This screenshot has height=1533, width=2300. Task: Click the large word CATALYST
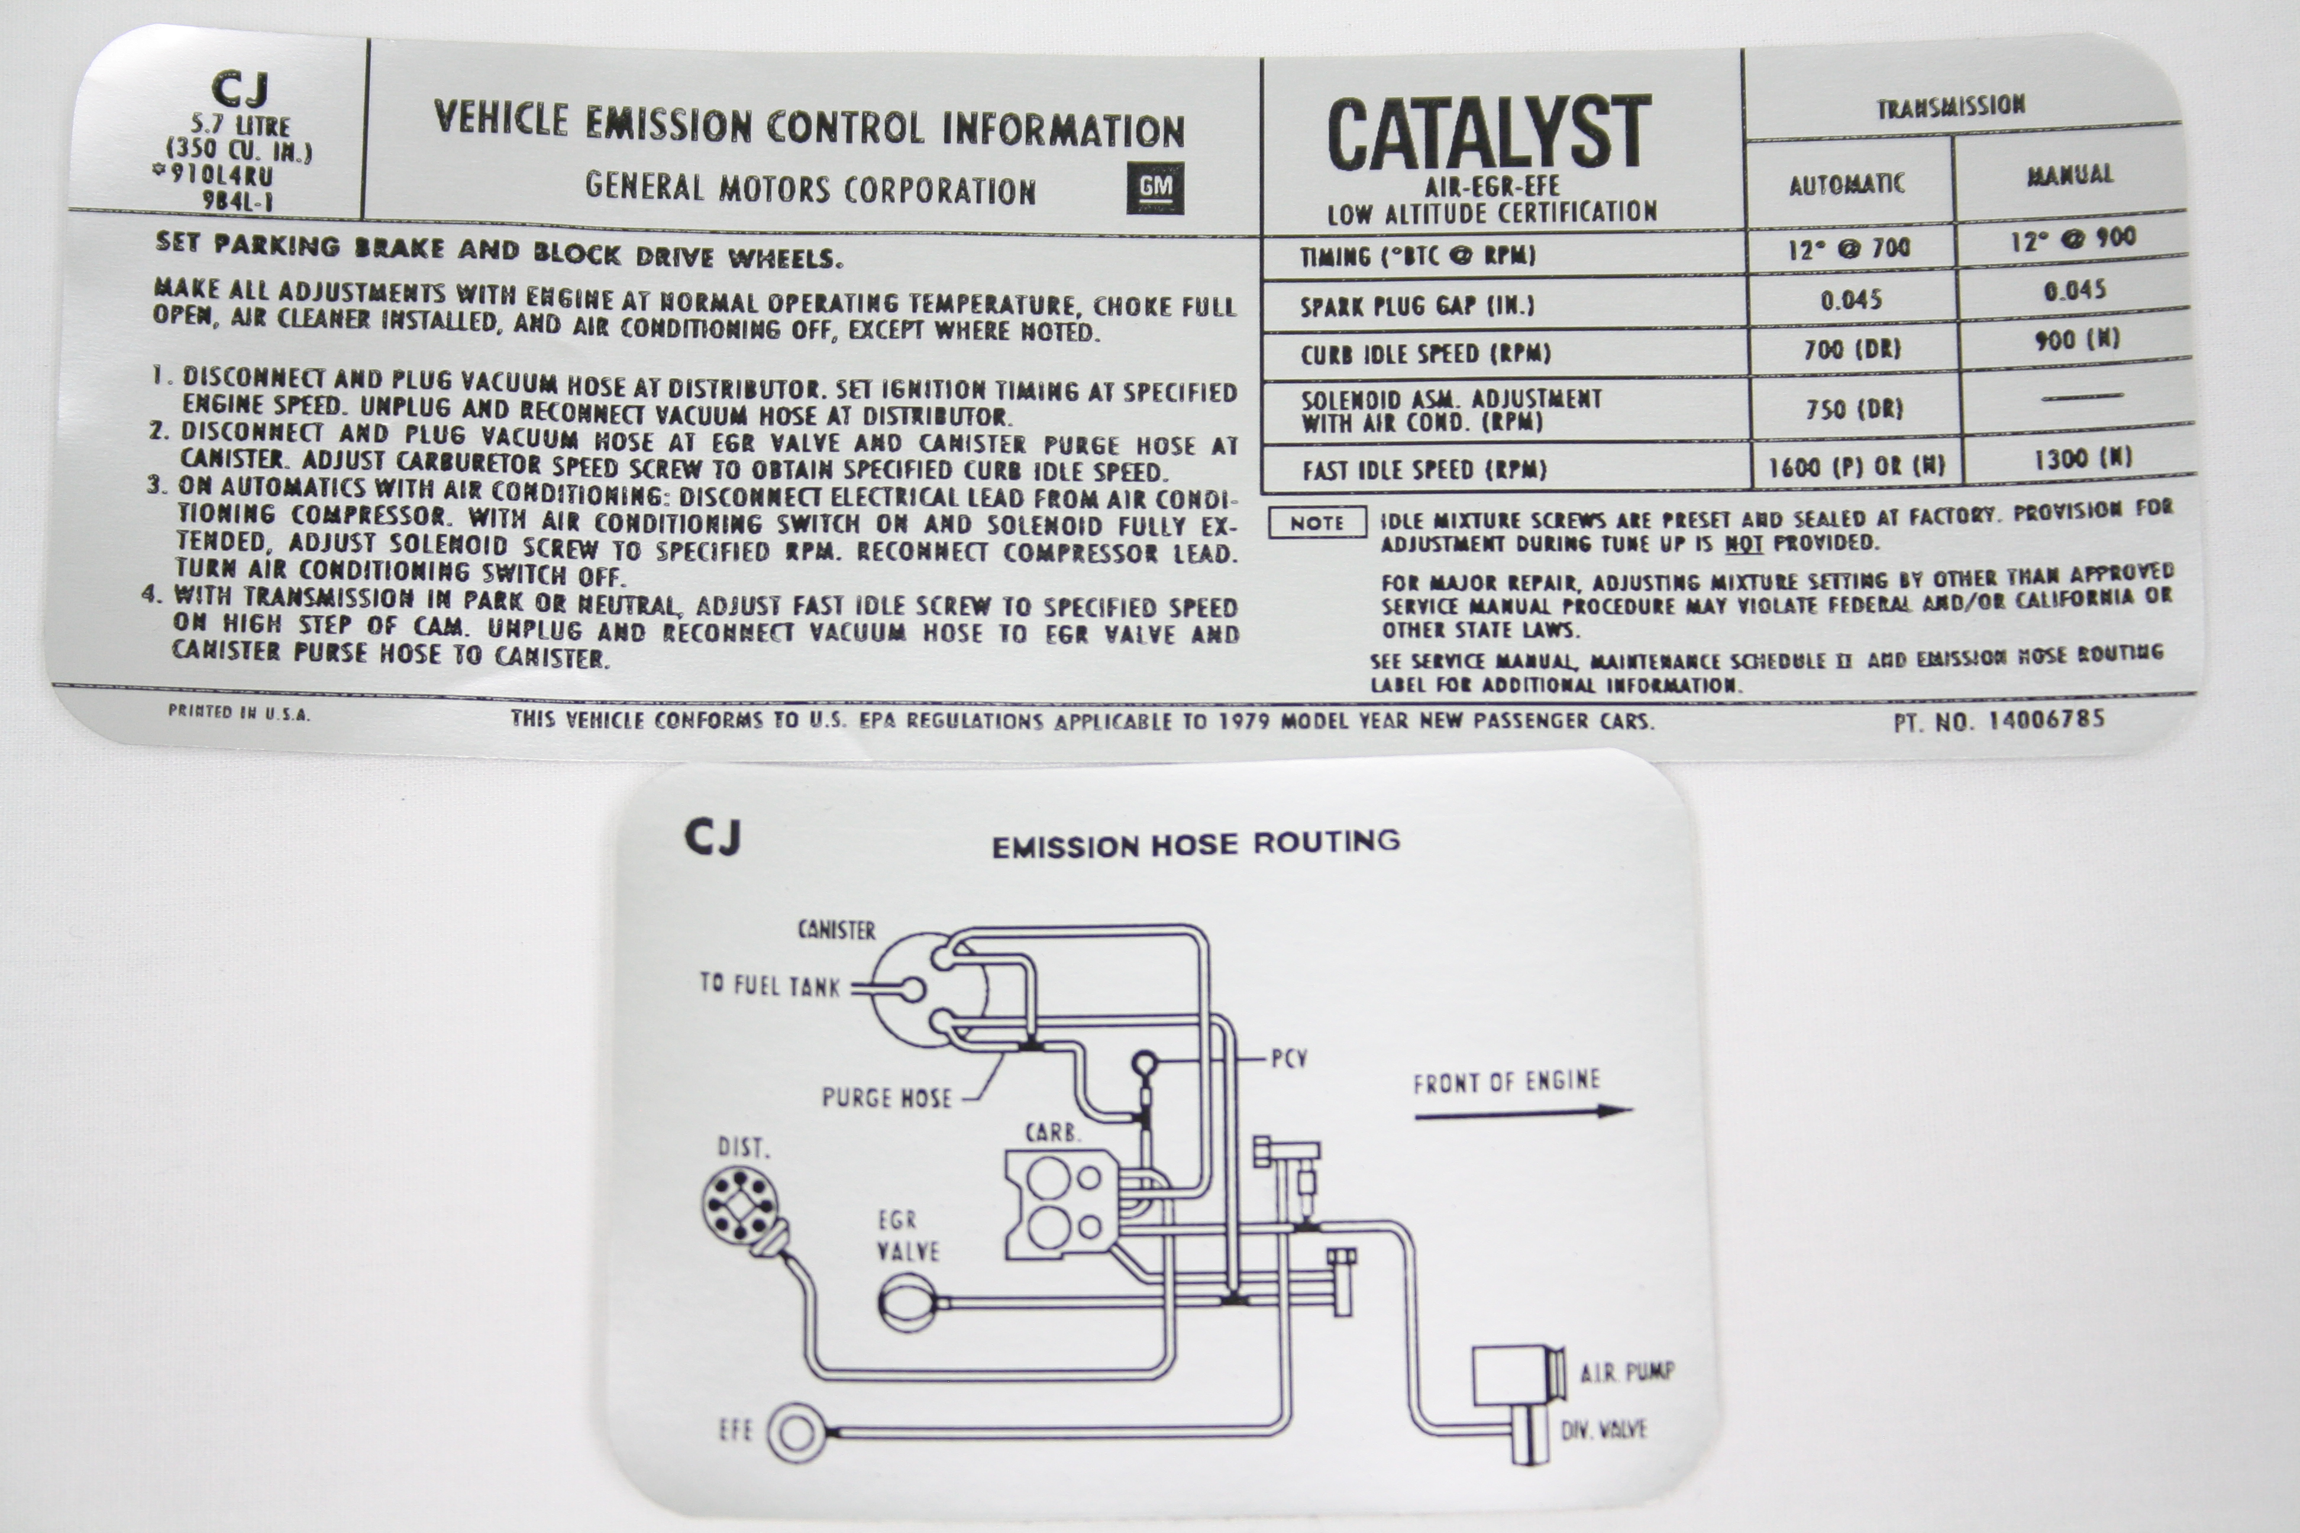coord(1488,134)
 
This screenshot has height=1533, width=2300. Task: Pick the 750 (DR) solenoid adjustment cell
coord(1854,409)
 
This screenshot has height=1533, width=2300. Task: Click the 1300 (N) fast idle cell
coord(2083,458)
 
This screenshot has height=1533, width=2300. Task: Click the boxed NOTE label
coord(1317,523)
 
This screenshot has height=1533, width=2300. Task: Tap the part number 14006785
coord(2047,720)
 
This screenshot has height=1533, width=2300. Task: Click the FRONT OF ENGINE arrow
coord(1523,1112)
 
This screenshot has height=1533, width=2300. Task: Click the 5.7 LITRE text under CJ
coord(241,126)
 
